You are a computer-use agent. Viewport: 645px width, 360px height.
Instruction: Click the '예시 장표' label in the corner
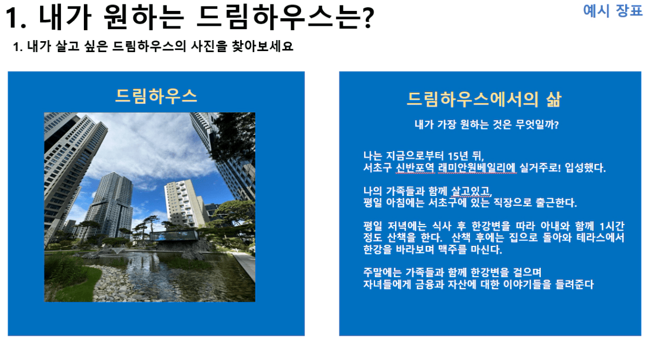pyautogui.click(x=612, y=10)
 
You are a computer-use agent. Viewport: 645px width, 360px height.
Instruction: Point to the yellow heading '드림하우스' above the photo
pyautogui.click(x=156, y=96)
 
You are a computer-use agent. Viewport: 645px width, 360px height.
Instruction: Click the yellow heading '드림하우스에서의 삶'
pyautogui.click(x=484, y=99)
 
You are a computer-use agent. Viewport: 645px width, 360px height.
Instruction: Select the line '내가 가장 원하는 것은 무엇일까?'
pyautogui.click(x=486, y=125)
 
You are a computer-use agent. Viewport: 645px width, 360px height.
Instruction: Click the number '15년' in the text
pyautogui.click(x=458, y=156)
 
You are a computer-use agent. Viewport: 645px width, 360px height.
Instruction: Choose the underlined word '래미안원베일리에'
pyautogui.click(x=477, y=168)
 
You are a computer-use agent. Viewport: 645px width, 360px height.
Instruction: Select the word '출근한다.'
pyautogui.click(x=556, y=203)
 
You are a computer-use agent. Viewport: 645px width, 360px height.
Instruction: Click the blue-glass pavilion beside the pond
pyautogui.click(x=173, y=236)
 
